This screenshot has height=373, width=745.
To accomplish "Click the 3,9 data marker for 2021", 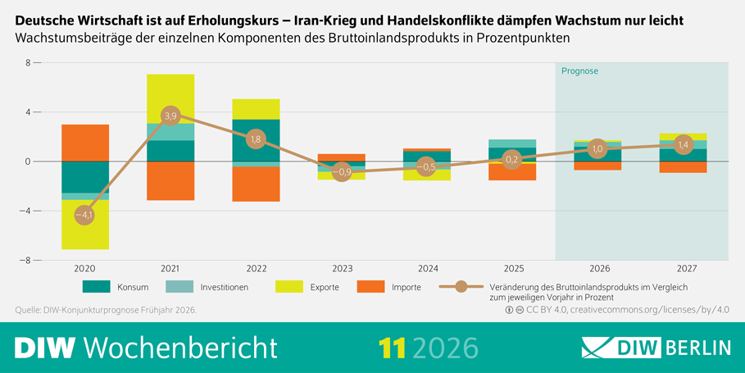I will coord(170,116).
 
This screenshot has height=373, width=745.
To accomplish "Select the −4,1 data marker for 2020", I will coord(84,216).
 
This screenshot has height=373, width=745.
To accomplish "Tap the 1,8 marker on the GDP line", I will coord(256,139).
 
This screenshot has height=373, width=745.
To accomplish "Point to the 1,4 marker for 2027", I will coord(684,144).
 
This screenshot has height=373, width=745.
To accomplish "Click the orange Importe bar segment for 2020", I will coord(84,143).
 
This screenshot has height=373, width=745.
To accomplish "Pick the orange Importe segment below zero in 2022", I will coord(256,184).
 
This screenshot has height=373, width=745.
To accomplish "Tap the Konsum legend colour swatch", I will coord(98,287).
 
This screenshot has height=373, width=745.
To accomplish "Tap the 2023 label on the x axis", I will coord(342,268).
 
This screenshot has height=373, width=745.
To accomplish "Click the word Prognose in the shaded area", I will coord(579,71).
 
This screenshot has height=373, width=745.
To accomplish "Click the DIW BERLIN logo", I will coord(656,347).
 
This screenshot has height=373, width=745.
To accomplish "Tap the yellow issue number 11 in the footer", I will coord(392,348).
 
